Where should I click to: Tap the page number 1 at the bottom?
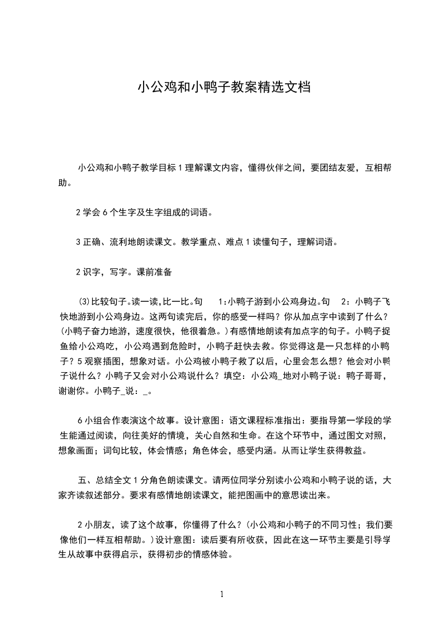222,594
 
